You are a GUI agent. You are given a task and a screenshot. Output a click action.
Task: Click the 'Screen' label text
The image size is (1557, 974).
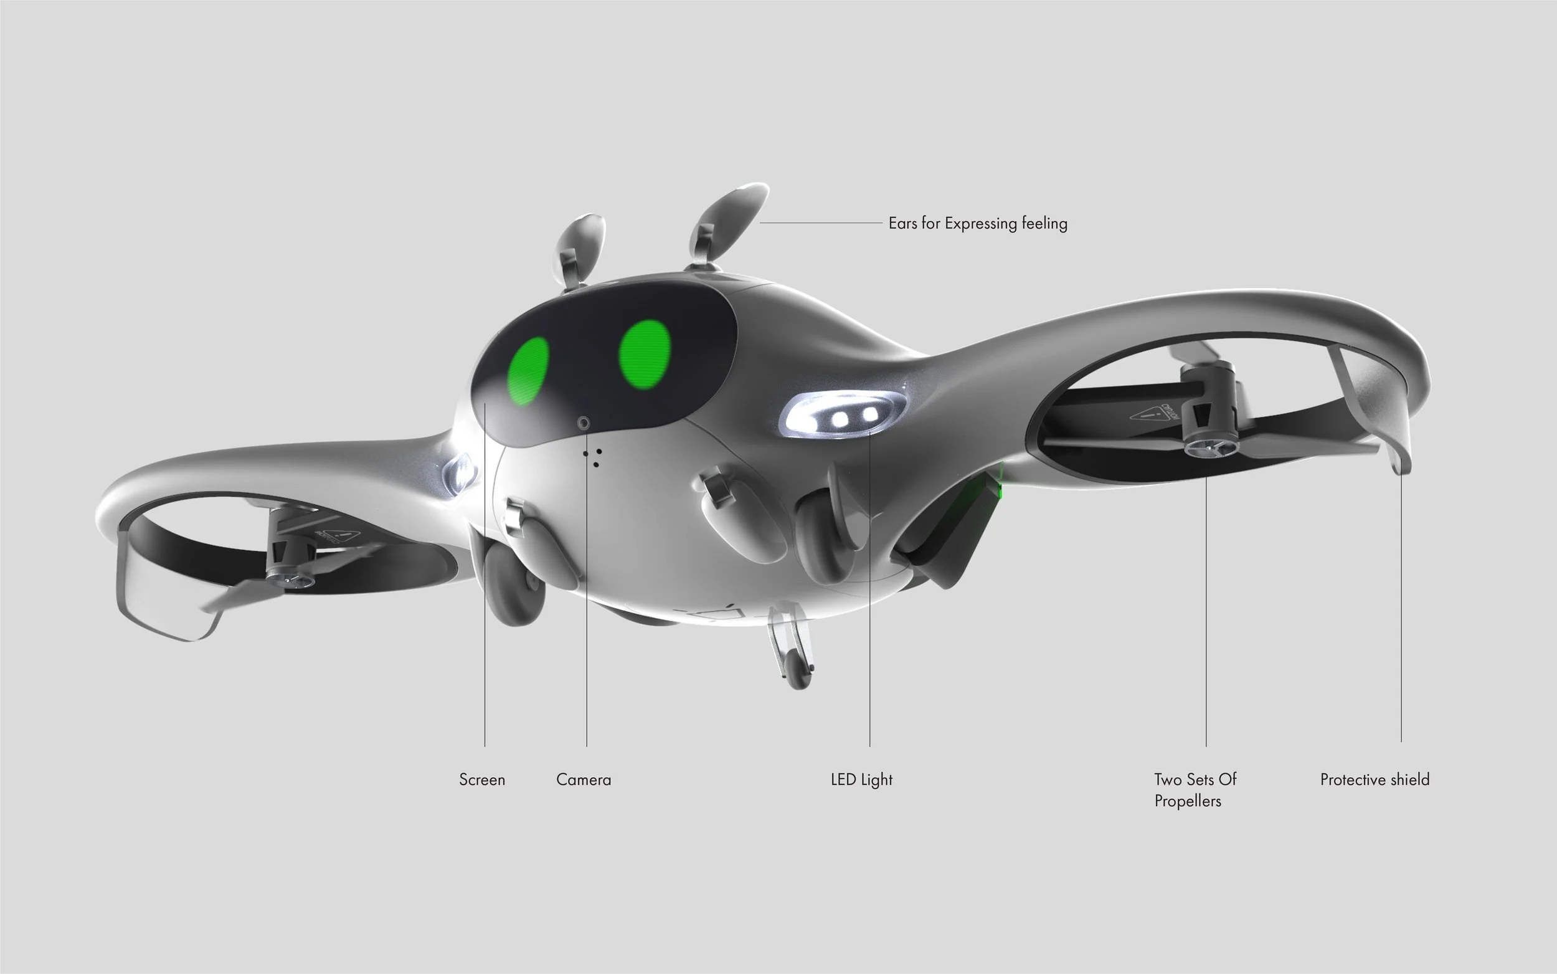point(481,780)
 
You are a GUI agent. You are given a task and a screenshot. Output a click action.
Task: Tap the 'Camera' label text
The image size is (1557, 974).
point(583,780)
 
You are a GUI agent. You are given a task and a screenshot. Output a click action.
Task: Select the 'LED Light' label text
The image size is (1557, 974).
point(861,780)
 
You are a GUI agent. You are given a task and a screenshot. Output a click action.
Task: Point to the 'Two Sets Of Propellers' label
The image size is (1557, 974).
point(1195,790)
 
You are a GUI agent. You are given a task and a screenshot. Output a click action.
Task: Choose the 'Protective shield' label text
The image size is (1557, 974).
point(1374,780)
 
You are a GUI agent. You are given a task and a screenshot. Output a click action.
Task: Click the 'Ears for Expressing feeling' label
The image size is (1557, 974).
point(977,223)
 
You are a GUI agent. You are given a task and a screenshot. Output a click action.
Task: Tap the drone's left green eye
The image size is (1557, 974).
point(528,370)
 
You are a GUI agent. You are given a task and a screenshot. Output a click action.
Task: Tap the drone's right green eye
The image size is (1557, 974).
point(645,355)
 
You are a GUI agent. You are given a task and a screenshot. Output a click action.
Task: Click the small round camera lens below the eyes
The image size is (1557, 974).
point(583,423)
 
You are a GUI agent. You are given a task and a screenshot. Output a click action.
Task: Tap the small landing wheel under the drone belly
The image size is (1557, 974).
point(797,673)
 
